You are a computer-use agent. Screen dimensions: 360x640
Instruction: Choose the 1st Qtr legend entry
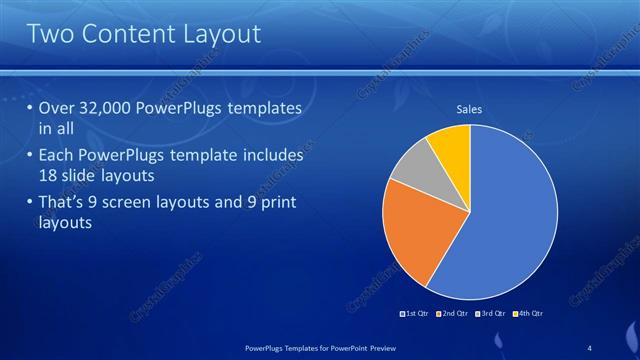tap(416, 314)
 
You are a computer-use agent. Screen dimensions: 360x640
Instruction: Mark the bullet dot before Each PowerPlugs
tap(29, 156)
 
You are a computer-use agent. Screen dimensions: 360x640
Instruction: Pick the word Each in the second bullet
tap(56, 156)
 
